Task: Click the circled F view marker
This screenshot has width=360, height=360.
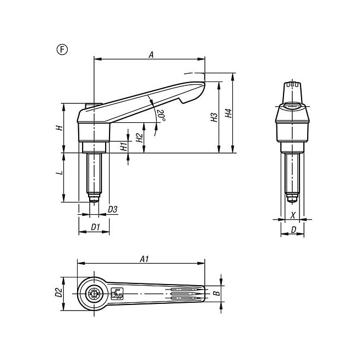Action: tap(62, 50)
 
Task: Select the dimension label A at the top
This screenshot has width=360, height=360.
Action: tap(151, 55)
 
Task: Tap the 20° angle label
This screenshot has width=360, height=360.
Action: tap(161, 115)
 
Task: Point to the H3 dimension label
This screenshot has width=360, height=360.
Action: tap(214, 117)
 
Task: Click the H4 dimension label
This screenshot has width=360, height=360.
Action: tap(228, 113)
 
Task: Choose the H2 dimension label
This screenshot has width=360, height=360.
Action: tap(139, 138)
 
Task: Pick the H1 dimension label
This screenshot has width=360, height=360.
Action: tap(123, 146)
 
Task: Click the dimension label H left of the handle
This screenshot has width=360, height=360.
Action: tap(59, 128)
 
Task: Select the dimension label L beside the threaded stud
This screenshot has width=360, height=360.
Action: tap(59, 172)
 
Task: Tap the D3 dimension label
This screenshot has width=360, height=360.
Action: tap(112, 209)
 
